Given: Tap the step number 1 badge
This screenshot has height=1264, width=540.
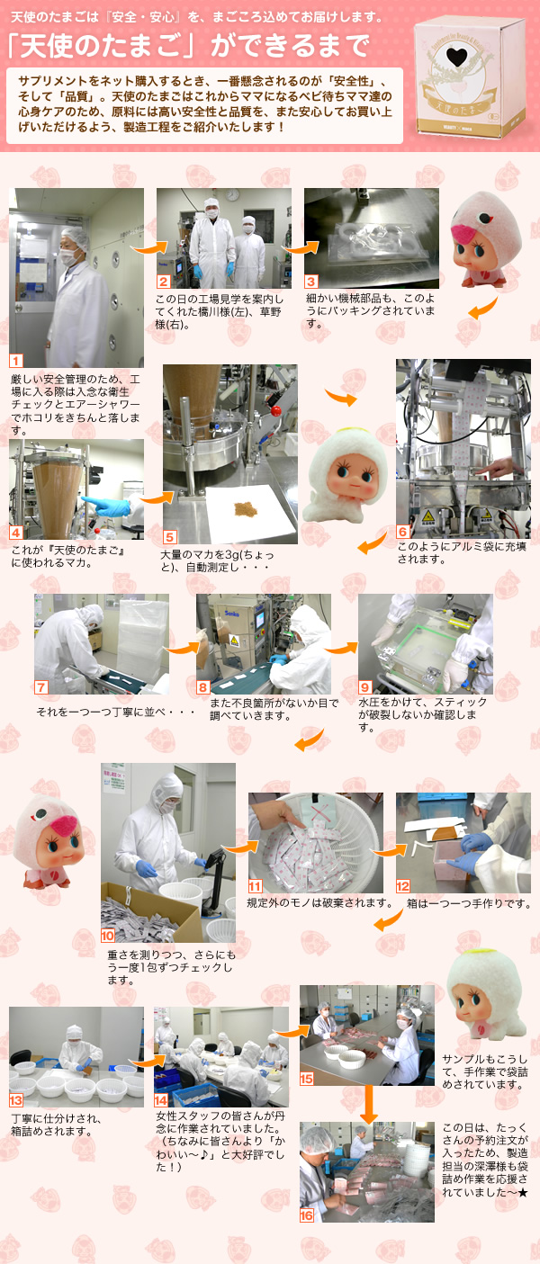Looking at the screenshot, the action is point(16,361).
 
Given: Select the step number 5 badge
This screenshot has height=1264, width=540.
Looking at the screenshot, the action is point(170,536).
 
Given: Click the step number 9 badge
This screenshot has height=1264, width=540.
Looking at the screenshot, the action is point(365,686).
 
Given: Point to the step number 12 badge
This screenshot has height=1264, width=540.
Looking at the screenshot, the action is point(403,886).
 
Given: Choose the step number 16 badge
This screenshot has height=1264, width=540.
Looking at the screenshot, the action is point(306,1215).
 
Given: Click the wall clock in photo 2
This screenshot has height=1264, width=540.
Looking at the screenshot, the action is point(232,194).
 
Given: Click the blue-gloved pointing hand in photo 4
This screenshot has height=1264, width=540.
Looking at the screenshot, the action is point(106,506).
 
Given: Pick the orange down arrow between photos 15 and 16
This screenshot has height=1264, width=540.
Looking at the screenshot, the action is point(368,1105).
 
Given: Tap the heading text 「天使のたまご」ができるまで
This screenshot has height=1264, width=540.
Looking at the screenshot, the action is point(188,45).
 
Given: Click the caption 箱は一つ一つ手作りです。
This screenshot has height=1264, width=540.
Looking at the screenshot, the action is point(469,903).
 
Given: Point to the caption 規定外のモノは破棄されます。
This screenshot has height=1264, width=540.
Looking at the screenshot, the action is point(319,903).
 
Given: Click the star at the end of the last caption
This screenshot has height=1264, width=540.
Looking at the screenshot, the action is point(523,1192).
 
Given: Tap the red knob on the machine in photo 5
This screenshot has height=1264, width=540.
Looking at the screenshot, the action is point(276,410).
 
